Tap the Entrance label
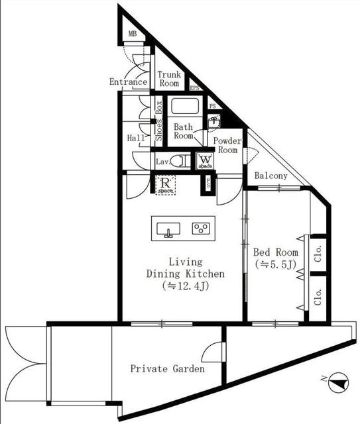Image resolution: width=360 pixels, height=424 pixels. pos(128,83)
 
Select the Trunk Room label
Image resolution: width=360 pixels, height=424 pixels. pos(170,79)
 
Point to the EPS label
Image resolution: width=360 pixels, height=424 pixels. pos(195,87)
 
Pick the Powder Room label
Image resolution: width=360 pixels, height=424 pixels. pos(227,146)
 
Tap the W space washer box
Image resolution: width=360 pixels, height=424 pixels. pos(205,161)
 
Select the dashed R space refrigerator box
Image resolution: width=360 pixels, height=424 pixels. pos(165,184)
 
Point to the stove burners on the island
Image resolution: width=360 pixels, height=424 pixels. pos(201,229)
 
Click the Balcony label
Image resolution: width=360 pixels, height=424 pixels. pos(271,176)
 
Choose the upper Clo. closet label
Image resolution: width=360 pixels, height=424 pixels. pos(318,254)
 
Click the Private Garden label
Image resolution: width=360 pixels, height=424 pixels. pos(167,369)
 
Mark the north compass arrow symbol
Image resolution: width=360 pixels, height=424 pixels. pos(338,382)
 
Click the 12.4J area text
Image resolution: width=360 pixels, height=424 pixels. pos(186,286)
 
